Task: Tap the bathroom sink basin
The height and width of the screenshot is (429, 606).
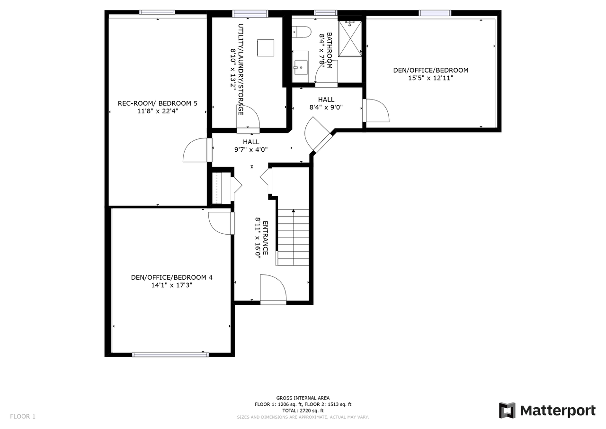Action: tap(301, 67)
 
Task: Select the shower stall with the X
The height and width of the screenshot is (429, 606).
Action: tap(350, 38)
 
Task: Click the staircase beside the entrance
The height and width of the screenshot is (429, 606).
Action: tap(293, 237)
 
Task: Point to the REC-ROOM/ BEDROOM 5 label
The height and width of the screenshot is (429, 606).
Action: tap(158, 103)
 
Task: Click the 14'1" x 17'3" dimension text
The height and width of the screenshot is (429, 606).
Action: tap(171, 285)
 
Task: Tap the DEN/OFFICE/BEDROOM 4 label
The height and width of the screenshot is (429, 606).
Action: tap(171, 277)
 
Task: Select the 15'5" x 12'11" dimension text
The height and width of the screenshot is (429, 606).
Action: tap(431, 78)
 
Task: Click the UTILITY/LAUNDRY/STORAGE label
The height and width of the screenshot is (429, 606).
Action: tap(241, 69)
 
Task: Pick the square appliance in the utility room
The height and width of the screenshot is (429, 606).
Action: tap(266, 48)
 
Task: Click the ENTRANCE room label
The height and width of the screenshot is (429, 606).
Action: tap(266, 238)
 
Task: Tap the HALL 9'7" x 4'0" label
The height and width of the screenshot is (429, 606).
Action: tap(251, 146)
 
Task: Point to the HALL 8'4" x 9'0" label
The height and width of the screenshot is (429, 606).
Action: tap(326, 103)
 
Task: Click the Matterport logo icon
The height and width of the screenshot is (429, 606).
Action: tap(507, 411)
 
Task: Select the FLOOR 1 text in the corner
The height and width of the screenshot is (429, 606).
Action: tap(23, 416)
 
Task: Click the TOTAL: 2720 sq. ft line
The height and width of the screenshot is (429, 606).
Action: tap(303, 411)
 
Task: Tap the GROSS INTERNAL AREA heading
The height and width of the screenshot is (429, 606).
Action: tap(303, 398)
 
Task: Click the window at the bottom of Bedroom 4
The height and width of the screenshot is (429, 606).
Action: tap(170, 355)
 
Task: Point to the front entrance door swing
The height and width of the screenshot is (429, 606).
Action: tap(273, 288)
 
